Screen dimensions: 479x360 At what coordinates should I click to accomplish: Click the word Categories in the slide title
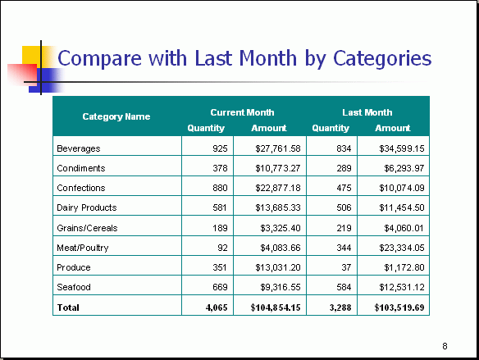(x=382, y=58)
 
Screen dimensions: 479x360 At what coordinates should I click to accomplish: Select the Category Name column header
(x=116, y=116)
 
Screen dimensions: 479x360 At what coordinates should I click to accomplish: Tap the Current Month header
(x=242, y=112)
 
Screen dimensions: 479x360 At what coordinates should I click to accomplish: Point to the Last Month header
(x=367, y=112)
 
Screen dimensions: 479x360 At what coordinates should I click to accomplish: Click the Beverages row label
(x=79, y=148)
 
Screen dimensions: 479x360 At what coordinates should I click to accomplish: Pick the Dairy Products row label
(x=87, y=207)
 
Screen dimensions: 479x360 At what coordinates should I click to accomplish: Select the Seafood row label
(x=74, y=287)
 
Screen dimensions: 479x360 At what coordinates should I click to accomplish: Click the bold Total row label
(x=68, y=308)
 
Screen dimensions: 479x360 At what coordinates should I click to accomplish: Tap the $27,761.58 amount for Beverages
(x=278, y=148)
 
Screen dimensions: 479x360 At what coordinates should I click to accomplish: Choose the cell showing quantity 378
(x=221, y=168)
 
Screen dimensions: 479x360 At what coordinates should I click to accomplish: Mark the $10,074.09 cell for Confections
(x=402, y=188)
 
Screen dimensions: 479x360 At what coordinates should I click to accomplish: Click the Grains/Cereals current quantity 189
(x=221, y=228)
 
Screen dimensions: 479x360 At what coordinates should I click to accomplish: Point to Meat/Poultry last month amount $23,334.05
(x=402, y=248)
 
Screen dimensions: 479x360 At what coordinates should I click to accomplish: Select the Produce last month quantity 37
(x=346, y=267)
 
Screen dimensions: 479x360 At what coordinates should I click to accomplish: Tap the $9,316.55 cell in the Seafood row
(x=281, y=287)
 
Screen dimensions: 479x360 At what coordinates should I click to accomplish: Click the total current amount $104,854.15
(x=276, y=308)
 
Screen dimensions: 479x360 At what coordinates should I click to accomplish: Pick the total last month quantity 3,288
(x=340, y=308)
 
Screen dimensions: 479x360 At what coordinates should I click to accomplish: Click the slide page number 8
(x=445, y=346)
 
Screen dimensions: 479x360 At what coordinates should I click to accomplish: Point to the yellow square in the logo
(x=31, y=55)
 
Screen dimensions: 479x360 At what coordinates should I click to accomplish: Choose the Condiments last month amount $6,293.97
(x=404, y=168)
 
